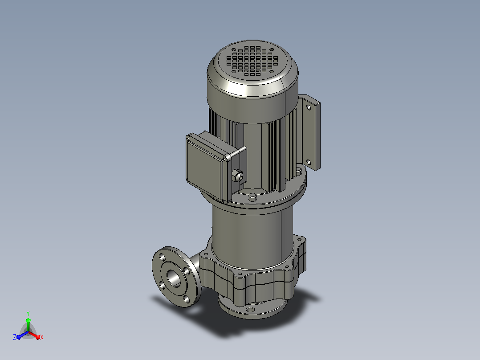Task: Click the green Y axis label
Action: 28,313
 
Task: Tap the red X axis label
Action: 42,337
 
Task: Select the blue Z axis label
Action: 15,337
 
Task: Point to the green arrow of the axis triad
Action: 28,324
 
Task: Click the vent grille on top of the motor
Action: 252,61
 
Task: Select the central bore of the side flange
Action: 174,278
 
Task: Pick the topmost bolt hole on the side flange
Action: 162,257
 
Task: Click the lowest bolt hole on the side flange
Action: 187,299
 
